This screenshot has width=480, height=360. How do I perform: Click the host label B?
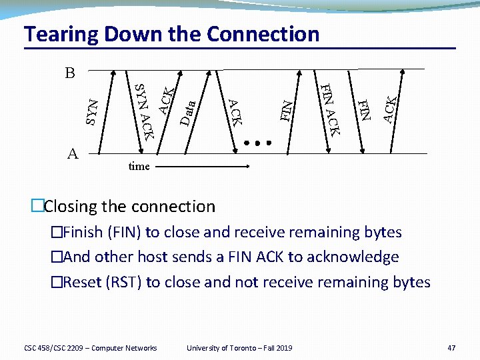70,73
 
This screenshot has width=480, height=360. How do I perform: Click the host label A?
73,154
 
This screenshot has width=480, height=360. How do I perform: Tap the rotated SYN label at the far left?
93,111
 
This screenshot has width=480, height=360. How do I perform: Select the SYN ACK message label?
145,110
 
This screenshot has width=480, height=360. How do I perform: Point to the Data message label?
188,113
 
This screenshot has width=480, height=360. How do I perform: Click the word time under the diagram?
139,166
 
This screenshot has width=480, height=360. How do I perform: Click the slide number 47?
451,347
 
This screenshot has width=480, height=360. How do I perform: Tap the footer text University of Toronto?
221,347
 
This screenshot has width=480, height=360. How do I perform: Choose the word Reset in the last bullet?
82,282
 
